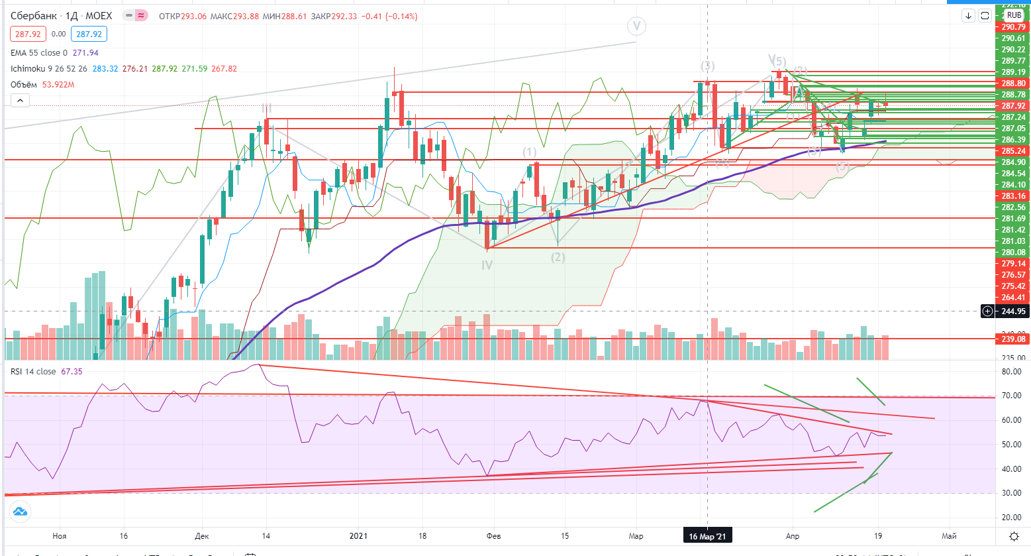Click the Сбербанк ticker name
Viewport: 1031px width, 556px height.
click(x=34, y=16)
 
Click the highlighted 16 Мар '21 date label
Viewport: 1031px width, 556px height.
click(x=707, y=536)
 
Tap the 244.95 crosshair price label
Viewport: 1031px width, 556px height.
click(x=1013, y=311)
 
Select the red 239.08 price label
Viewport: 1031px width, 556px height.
click(x=1013, y=339)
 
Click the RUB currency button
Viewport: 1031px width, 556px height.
click(x=1014, y=15)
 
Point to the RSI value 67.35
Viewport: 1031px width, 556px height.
click(x=72, y=372)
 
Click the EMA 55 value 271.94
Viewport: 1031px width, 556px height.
click(x=85, y=53)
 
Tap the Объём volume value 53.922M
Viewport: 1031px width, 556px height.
click(x=58, y=85)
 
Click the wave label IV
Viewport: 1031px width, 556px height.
click(x=487, y=265)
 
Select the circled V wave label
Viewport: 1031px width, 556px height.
click(x=636, y=27)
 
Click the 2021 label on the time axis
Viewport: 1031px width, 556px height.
click(x=358, y=536)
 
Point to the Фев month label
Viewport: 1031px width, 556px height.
click(x=493, y=536)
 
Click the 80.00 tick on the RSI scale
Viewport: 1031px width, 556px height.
click(x=1011, y=372)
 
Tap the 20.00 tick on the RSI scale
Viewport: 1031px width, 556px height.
click(x=1011, y=518)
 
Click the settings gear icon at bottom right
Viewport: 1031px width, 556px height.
click(x=1013, y=536)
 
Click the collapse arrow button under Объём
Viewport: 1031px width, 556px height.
click(x=20, y=101)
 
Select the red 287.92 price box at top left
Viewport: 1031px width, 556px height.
click(x=28, y=34)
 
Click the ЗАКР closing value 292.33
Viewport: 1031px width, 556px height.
click(x=344, y=16)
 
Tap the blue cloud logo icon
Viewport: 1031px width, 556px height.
click(x=20, y=512)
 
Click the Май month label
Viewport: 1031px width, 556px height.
click(x=949, y=536)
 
